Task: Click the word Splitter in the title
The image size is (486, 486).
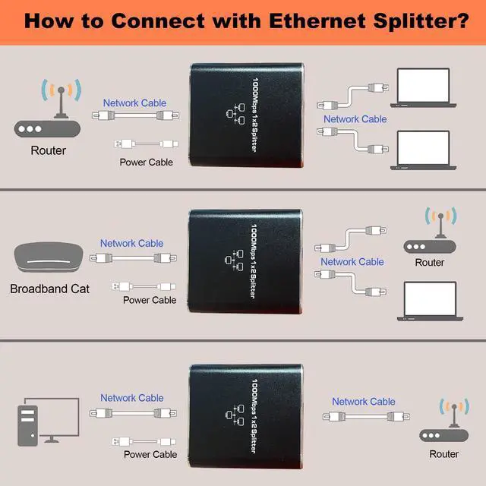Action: coord(417,19)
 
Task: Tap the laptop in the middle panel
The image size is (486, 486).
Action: coord(429,301)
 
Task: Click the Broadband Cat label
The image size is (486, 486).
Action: coord(49,289)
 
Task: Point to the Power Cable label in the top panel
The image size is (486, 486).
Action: coord(147,162)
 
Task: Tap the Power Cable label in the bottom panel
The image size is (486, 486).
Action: coord(150,454)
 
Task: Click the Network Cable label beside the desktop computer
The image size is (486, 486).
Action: coord(132,398)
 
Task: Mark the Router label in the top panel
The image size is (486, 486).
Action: coord(49,150)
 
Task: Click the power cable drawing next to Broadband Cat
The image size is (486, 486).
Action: coord(144,286)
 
